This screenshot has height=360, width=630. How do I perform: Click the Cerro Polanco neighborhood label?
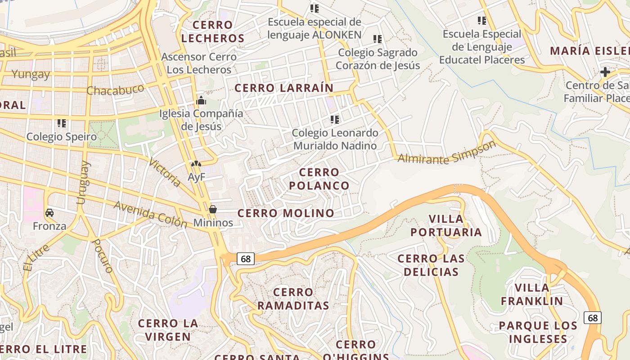(x=319, y=179)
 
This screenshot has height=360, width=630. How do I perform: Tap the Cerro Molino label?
(x=286, y=213)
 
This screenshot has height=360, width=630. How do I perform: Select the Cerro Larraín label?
(x=284, y=88)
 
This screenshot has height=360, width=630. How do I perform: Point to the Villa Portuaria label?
(x=446, y=225)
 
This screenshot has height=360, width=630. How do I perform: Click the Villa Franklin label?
(x=532, y=294)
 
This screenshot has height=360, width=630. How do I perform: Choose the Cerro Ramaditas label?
(x=293, y=299)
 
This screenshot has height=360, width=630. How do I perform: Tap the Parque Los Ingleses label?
(x=538, y=332)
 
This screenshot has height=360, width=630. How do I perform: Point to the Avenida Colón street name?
(x=150, y=214)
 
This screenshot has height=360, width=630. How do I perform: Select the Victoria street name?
(x=165, y=173)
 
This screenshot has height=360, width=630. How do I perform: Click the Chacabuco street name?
(x=115, y=89)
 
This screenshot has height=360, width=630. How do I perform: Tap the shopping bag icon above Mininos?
(x=213, y=209)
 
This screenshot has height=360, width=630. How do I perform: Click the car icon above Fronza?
(x=49, y=213)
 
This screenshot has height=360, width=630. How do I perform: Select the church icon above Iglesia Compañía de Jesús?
(x=201, y=100)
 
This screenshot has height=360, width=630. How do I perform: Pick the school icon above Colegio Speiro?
(x=62, y=123)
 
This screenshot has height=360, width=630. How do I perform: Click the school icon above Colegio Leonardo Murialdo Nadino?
(x=334, y=119)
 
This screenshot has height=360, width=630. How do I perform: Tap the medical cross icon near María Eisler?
(x=605, y=72)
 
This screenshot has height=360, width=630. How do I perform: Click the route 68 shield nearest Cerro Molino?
(x=245, y=259)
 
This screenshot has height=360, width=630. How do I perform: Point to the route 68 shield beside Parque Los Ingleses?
(x=593, y=318)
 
